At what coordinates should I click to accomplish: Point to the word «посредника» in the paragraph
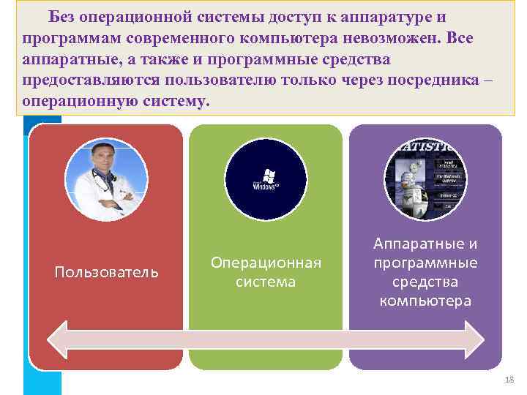(425, 79)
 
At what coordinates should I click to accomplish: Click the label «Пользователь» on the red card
(106, 272)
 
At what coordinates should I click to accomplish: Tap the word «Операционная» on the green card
(266, 263)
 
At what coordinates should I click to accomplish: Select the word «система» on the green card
(266, 282)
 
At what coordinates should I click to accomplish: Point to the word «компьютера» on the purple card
(425, 301)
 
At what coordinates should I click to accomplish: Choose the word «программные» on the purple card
(425, 263)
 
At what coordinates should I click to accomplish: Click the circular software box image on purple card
(425, 179)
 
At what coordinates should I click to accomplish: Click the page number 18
(509, 379)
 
